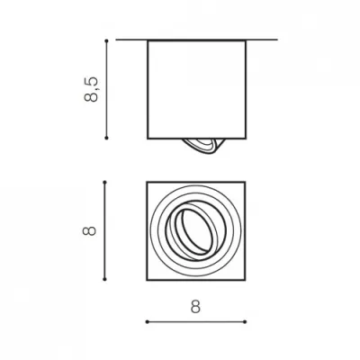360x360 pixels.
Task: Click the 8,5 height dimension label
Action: pyautogui.click(x=91, y=89)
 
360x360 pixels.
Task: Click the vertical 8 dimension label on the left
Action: pyautogui.click(x=89, y=230)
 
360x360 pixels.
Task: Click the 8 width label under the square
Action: pyautogui.click(x=195, y=307)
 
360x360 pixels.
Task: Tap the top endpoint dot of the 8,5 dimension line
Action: pyautogui.click(x=106, y=40)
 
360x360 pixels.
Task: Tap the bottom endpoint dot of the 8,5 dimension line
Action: pyautogui.click(x=106, y=138)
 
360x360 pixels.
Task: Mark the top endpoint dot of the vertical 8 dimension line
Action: pyautogui.click(x=104, y=182)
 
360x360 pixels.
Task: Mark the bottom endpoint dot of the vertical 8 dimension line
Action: pyautogui.click(x=104, y=279)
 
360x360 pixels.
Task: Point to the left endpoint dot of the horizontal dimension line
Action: pyautogui.click(x=147, y=322)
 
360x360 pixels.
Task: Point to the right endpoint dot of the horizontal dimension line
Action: pyautogui.click(x=245, y=322)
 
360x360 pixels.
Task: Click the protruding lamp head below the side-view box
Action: pyautogui.click(x=203, y=146)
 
